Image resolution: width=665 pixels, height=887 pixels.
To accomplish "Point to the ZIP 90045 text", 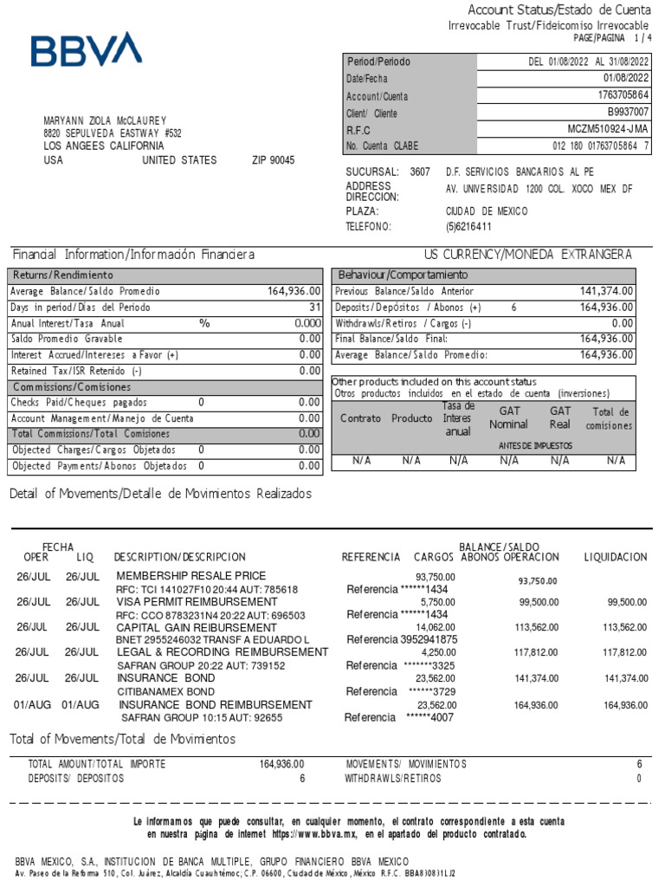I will (x=273, y=160).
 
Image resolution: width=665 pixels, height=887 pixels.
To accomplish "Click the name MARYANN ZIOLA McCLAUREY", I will (x=105, y=120).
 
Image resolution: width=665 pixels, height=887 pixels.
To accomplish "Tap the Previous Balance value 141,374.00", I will (x=606, y=291).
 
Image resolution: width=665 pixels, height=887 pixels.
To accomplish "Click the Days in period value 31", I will (x=314, y=308).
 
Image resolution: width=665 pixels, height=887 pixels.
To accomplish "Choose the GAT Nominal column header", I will (x=508, y=418).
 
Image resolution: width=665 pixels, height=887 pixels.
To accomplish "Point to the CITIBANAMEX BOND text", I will (x=165, y=691).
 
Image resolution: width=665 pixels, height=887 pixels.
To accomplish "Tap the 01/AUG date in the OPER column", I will (x=34, y=705).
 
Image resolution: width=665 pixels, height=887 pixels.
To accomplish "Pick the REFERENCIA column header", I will (x=371, y=556).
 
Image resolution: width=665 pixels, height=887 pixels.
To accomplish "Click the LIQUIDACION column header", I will (x=616, y=556).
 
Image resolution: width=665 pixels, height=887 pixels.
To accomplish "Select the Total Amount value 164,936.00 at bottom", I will (x=281, y=764).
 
